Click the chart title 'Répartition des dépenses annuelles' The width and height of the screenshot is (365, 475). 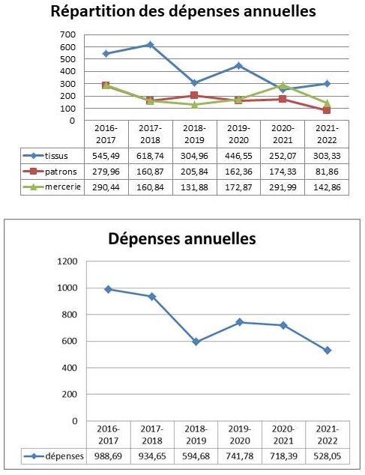point(182,12)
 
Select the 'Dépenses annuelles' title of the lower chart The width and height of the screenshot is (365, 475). point(182,239)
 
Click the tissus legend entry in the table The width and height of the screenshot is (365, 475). point(51,156)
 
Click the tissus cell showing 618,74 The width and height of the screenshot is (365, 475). point(150,156)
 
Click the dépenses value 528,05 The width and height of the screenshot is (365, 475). point(327,456)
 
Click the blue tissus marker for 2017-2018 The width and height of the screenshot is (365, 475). point(150,45)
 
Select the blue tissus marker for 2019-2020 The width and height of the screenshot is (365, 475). point(238,66)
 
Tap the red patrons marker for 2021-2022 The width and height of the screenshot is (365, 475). point(327,110)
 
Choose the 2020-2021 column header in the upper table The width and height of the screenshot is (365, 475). point(283,133)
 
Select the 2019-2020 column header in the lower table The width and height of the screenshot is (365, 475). point(238,435)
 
